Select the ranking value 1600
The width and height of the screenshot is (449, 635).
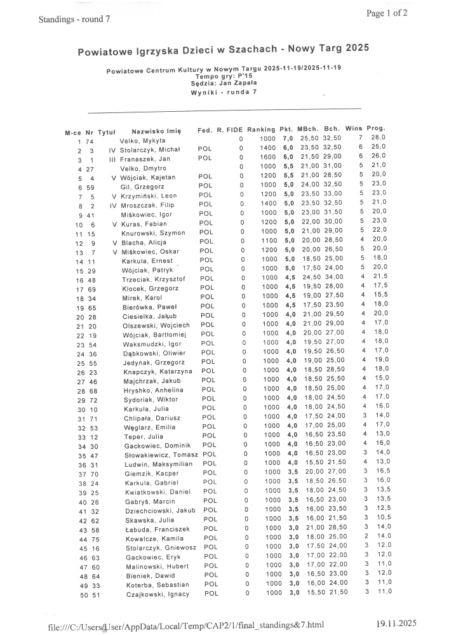tap(267, 158)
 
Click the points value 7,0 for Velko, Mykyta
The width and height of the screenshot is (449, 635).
tap(288, 138)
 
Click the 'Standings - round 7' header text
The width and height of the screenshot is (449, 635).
tap(74, 19)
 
